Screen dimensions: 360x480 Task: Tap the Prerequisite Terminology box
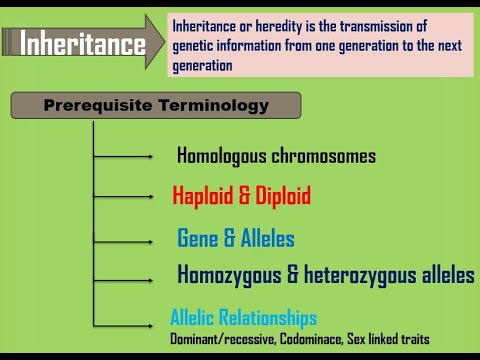pos(156,105)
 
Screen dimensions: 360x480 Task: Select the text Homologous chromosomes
pos(276,156)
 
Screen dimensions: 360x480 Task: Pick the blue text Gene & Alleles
pos(236,239)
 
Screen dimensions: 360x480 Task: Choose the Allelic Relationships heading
pos(243,318)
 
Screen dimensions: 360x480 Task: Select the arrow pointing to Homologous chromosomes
pos(124,156)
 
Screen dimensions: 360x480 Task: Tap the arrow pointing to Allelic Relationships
pos(124,321)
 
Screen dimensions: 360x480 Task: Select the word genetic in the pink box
pos(196,46)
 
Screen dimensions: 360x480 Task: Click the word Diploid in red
pos(283,195)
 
